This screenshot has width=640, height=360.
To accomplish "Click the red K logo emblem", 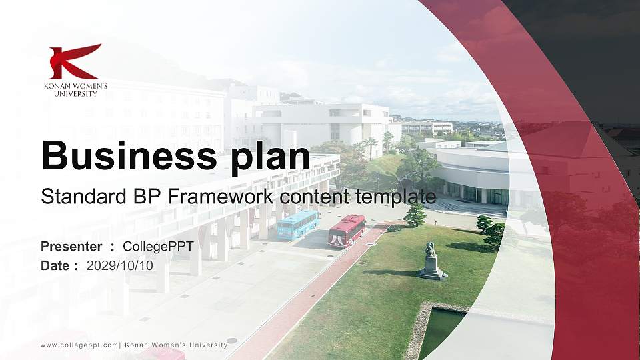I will [75, 61].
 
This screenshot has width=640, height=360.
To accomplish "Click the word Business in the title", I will [124, 156].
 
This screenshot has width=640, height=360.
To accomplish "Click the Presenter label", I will [71, 247].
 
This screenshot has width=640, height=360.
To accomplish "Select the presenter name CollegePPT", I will [158, 247].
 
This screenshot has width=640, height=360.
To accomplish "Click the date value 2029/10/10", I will [120, 265].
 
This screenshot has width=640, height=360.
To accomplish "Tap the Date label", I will [55, 265].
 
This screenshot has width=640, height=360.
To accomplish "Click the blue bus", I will [297, 225].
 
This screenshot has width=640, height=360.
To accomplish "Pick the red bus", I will [347, 231].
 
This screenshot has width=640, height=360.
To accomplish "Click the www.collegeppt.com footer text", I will [79, 345].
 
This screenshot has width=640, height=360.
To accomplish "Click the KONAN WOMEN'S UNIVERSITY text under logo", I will [75, 90].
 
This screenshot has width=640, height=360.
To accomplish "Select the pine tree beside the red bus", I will [415, 215].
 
